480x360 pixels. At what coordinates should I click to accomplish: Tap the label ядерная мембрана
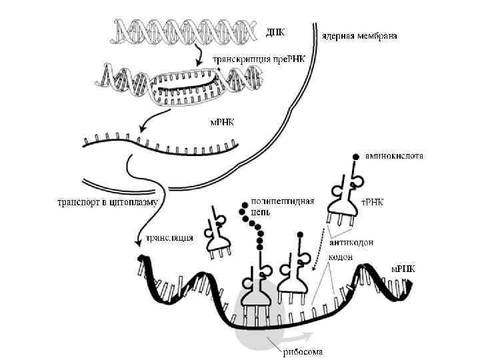pos(359,35)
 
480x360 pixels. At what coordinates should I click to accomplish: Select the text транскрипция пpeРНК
pos(258,59)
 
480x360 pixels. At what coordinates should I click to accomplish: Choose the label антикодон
pos(351,243)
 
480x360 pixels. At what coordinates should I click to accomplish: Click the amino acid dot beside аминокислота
pos(355,155)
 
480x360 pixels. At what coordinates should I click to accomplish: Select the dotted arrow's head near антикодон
pos(315,270)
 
